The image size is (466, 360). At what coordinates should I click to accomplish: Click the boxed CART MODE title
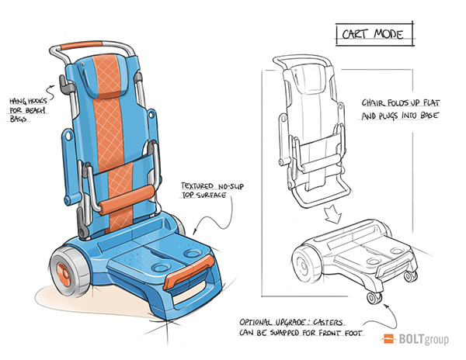point(373,34)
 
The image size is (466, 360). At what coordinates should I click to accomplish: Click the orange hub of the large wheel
point(64,275)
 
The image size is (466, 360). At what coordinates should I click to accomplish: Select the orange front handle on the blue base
point(189,272)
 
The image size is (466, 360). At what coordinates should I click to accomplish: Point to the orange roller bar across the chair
point(127,199)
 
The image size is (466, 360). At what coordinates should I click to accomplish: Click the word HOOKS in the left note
point(37,102)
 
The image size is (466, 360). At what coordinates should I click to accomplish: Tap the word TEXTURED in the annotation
point(197,186)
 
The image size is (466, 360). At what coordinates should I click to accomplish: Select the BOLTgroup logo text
point(423,339)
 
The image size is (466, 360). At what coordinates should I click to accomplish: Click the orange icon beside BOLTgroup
point(388,338)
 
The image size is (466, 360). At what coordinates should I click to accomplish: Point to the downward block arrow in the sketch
point(333,213)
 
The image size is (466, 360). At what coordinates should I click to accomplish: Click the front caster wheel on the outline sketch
point(374,298)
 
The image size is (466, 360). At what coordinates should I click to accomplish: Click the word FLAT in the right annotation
point(431,103)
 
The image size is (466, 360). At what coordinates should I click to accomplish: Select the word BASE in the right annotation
point(429,115)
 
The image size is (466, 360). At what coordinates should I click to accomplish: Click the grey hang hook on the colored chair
point(65,84)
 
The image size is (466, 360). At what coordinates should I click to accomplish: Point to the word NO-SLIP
point(231,186)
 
